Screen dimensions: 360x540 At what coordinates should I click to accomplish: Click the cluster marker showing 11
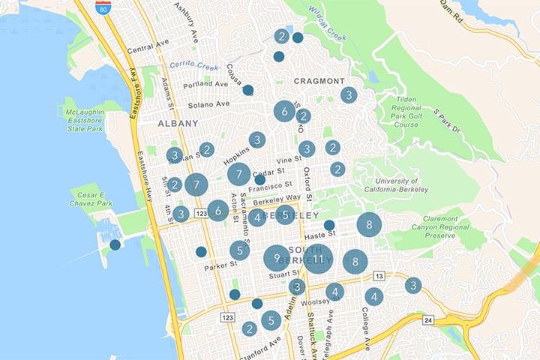point(318,259)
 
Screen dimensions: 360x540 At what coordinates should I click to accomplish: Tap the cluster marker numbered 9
point(277,259)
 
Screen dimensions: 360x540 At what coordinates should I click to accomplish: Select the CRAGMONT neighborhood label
point(319,81)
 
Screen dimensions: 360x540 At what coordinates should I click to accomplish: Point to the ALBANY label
point(178,123)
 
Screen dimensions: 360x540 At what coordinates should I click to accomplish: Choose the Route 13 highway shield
point(379,277)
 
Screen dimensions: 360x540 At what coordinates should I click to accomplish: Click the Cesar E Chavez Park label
point(94,199)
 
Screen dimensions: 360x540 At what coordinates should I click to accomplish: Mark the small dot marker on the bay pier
point(115,244)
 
